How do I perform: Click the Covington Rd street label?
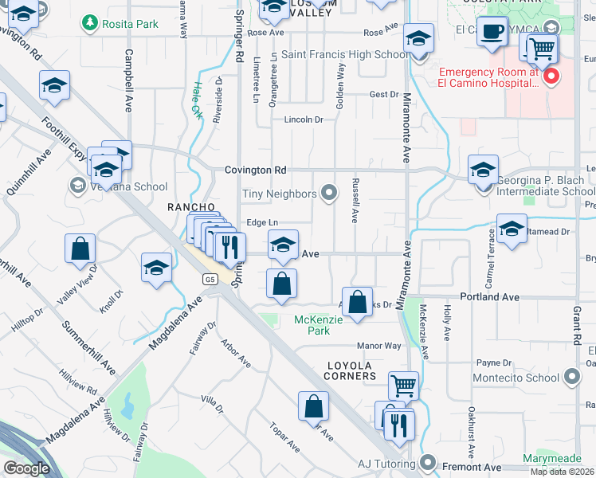255,170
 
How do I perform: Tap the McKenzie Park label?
318,324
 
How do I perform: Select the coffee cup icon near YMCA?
494,32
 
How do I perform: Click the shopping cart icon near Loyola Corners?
404,386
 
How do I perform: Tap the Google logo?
26,468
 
